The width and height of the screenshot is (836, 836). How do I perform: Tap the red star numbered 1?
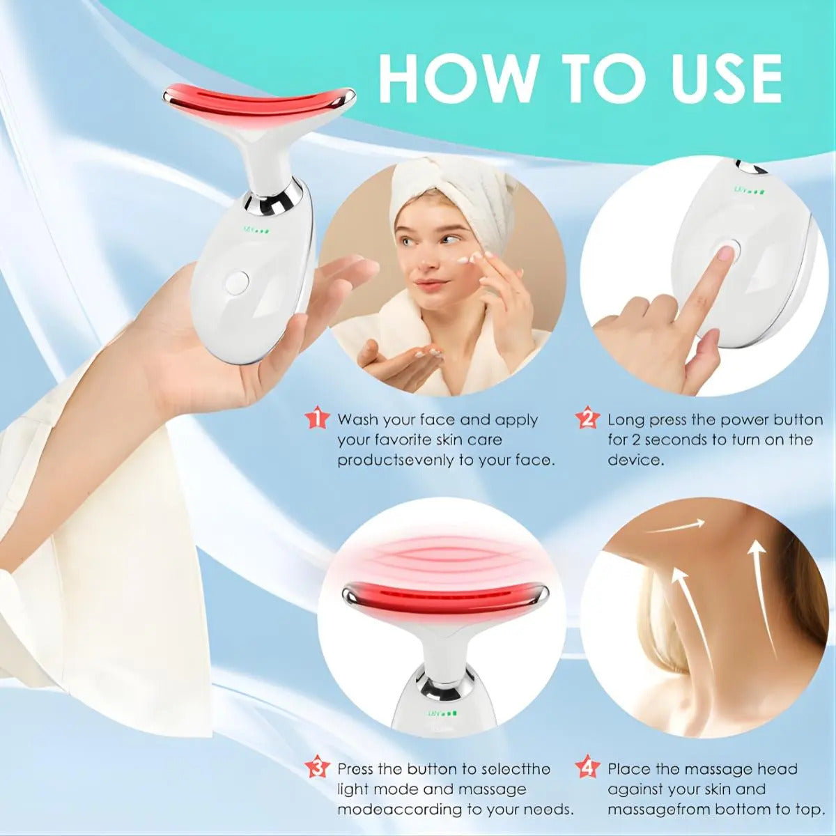pyautogui.click(x=318, y=419)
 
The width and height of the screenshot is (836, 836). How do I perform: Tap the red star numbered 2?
pyautogui.click(x=587, y=419)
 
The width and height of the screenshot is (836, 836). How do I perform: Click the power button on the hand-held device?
pyautogui.click(x=237, y=282)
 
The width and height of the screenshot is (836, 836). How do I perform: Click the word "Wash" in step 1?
pyautogui.click(x=359, y=419)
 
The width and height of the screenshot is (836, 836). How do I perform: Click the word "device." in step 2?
pyautogui.click(x=636, y=460)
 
